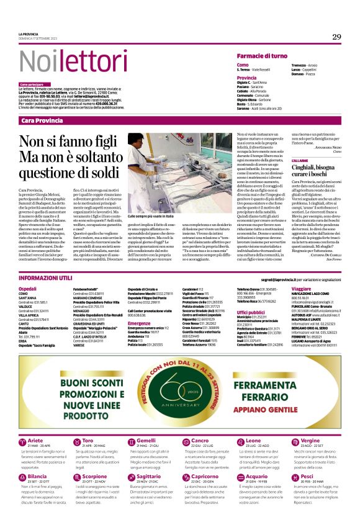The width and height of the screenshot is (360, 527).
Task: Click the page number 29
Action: coord(336,37)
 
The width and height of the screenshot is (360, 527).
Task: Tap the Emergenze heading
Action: coord(139,323)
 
